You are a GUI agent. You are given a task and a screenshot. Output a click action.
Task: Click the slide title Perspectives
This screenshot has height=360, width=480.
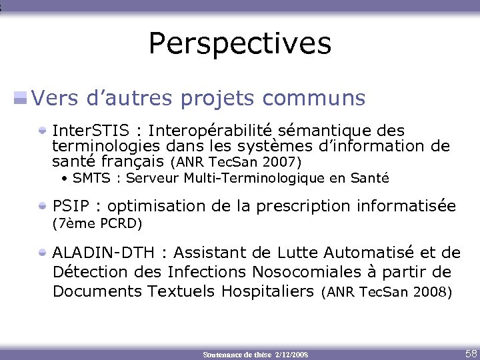(x=239, y=43)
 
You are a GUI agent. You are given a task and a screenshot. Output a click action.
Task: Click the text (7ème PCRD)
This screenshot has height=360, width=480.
(x=97, y=223)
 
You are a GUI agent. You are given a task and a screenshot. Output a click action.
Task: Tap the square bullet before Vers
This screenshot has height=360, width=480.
(x=21, y=99)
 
